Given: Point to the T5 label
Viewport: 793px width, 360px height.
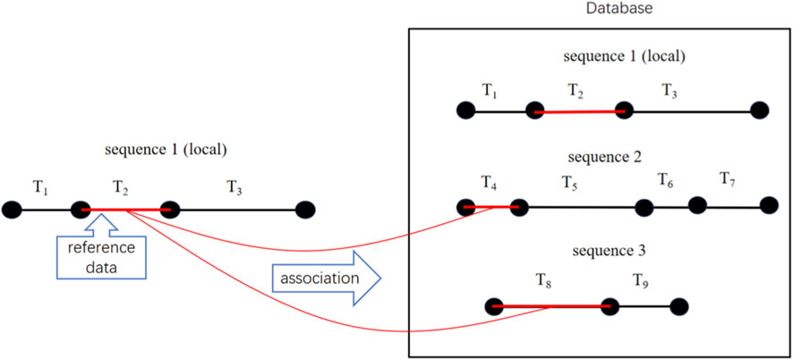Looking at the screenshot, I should (x=569, y=182).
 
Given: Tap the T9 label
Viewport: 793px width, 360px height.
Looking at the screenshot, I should (x=642, y=280).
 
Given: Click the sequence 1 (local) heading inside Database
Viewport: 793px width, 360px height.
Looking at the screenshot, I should (x=625, y=56).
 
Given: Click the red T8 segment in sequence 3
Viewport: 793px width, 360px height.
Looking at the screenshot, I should (x=551, y=306).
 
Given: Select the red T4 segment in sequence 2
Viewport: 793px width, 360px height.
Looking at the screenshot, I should (x=491, y=208).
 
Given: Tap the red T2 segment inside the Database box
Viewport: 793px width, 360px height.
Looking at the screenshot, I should (x=579, y=111).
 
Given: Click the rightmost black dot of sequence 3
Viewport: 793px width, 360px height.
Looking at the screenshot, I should (x=678, y=305).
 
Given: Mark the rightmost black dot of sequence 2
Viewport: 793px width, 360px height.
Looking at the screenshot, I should (x=768, y=205).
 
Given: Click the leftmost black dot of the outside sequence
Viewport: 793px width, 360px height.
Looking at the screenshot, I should (x=12, y=210).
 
